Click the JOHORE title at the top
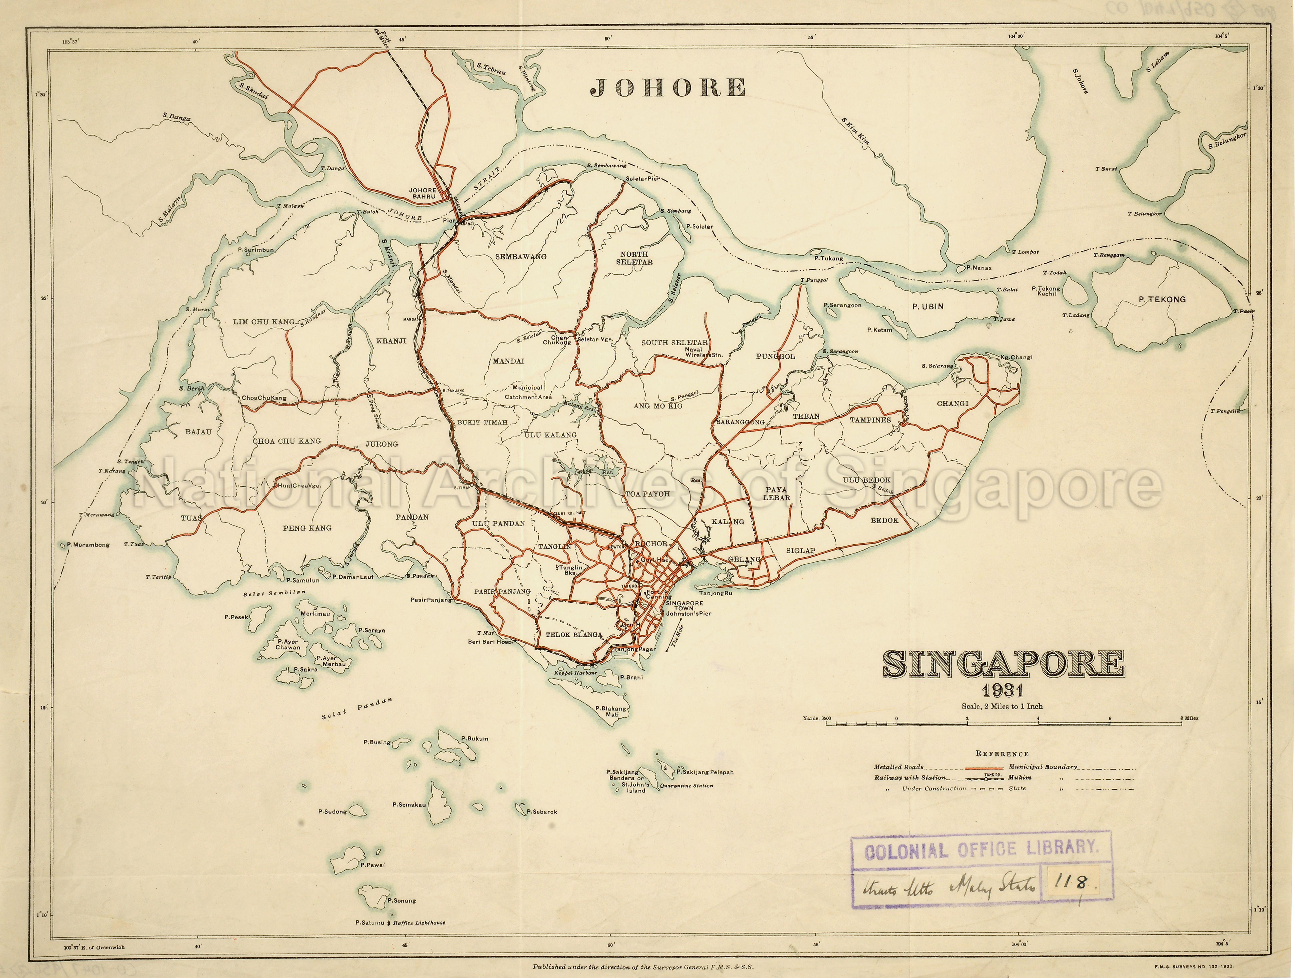(668, 88)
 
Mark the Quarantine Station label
(686, 785)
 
